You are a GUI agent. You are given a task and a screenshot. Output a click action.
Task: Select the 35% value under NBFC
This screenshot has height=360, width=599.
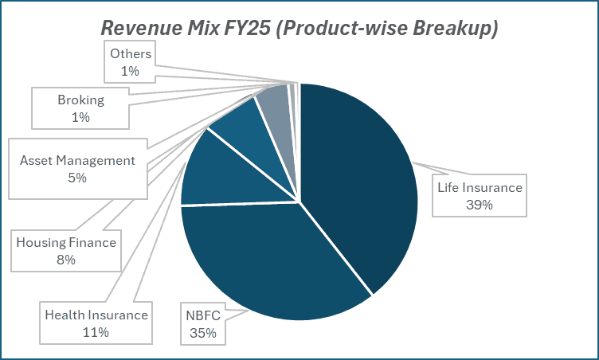click(x=202, y=332)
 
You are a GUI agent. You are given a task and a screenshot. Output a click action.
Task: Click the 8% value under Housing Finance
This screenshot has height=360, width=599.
click(x=66, y=260)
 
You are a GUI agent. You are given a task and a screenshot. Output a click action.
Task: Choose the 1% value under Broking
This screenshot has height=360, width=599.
click(x=80, y=118)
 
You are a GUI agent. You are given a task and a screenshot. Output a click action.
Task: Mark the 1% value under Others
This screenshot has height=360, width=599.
click(x=130, y=71)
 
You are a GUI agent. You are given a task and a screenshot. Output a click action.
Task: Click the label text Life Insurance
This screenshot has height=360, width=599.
click(x=479, y=188)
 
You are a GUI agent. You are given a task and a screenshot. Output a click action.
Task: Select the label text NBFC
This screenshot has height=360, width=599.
click(x=202, y=315)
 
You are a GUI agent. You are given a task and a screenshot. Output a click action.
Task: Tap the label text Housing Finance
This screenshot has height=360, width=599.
click(x=66, y=243)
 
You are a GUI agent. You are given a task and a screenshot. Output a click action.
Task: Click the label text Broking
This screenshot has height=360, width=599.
click(x=80, y=101)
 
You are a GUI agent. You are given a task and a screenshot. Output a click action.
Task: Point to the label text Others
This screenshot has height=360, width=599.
click(x=130, y=54)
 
